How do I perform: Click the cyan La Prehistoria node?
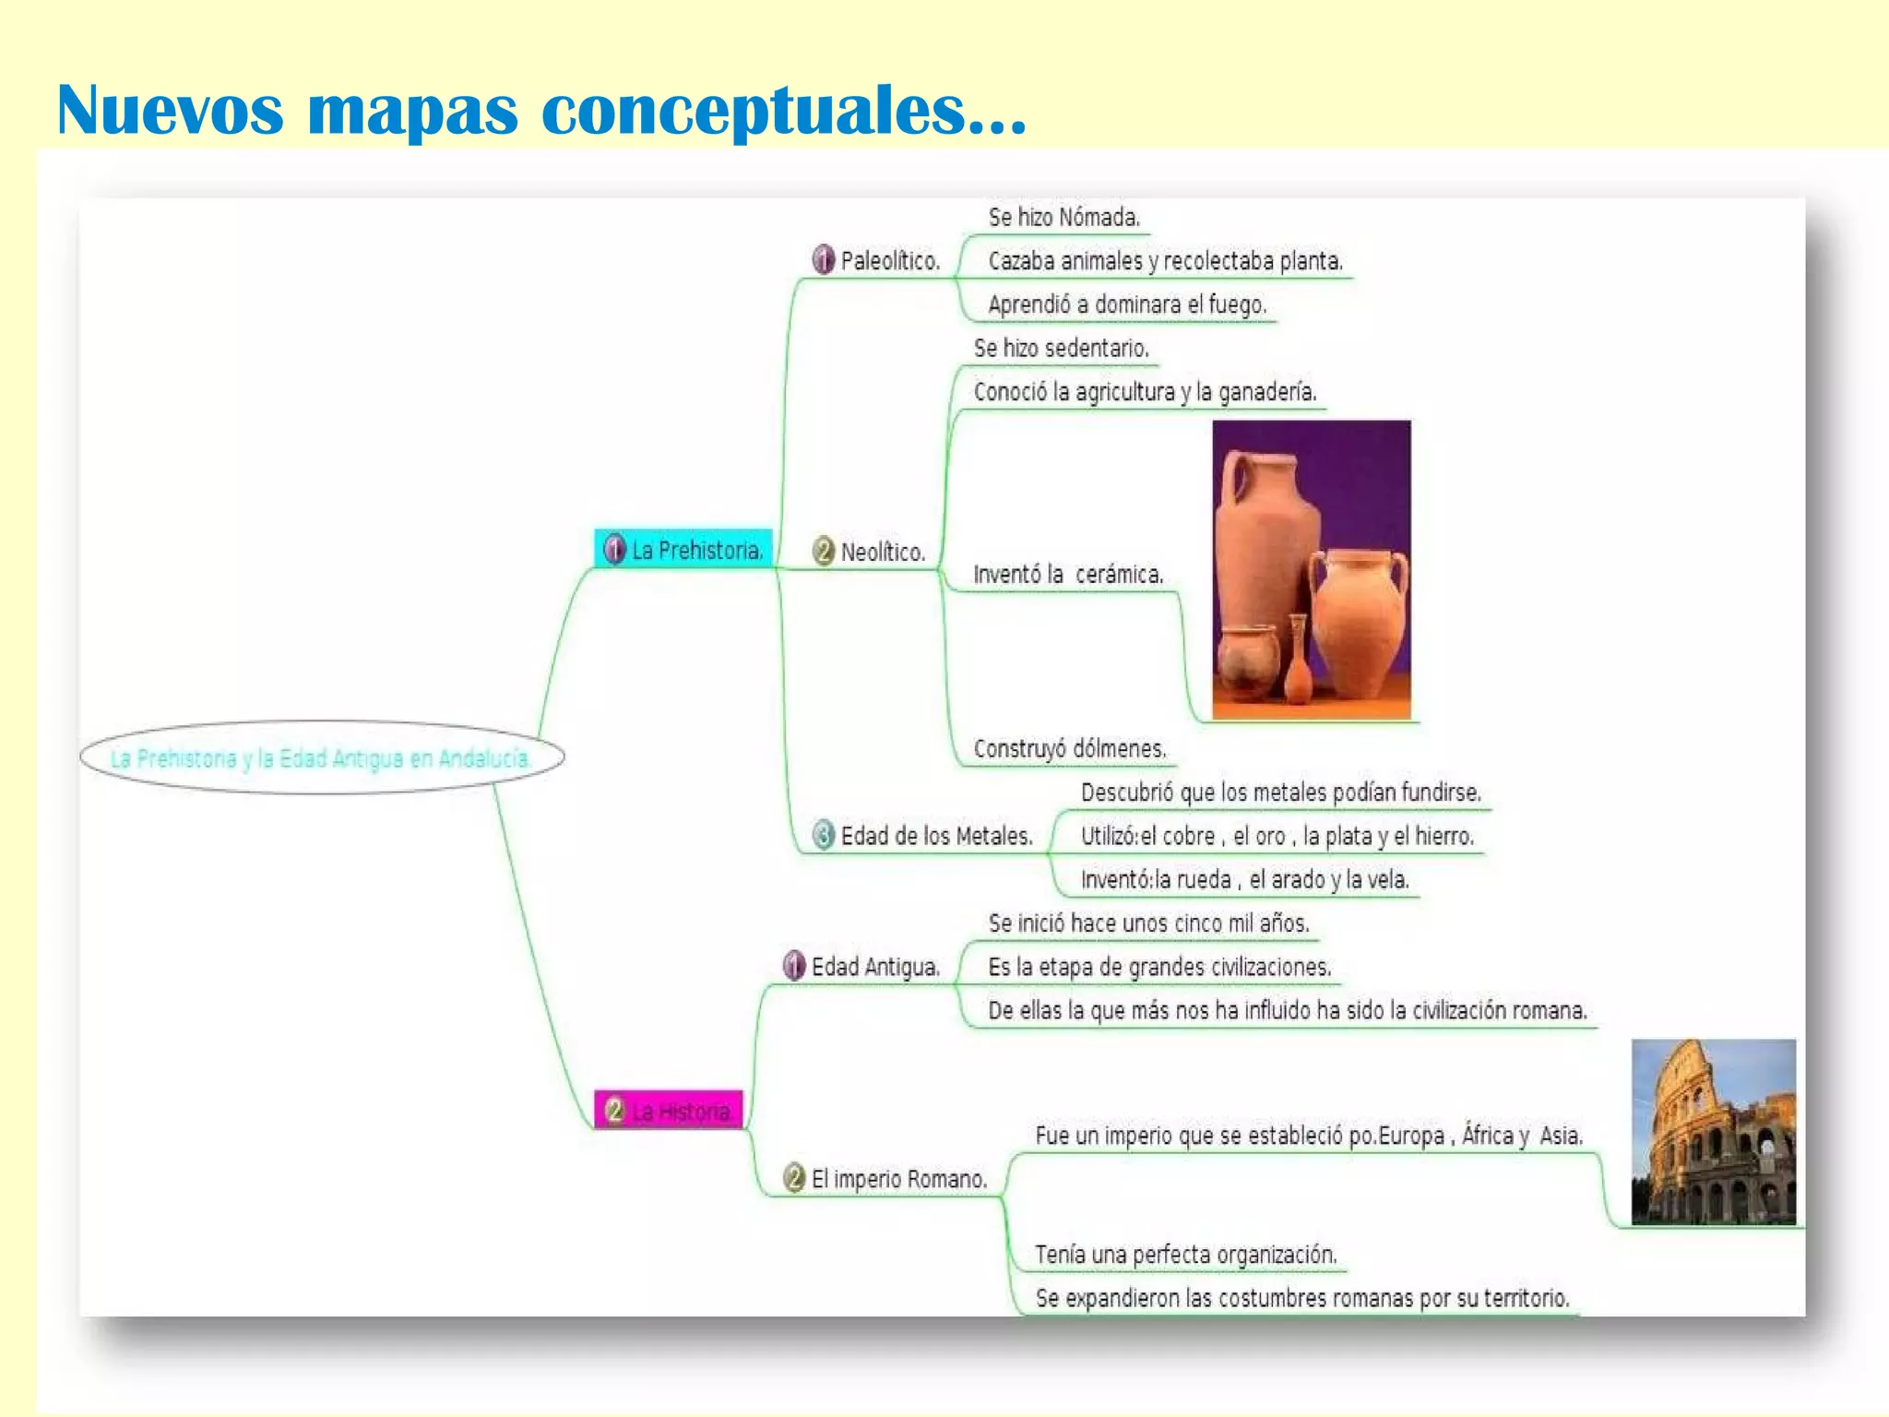(x=683, y=550)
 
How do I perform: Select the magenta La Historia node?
(x=669, y=1111)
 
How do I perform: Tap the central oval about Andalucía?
(x=321, y=758)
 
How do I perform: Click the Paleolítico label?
(x=889, y=261)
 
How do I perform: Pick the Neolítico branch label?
(x=882, y=553)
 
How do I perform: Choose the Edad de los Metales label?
(x=936, y=836)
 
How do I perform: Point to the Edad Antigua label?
(x=874, y=967)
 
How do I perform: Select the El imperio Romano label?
(x=898, y=1179)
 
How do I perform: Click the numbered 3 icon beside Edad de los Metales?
(x=823, y=835)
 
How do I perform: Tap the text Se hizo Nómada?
(x=1063, y=218)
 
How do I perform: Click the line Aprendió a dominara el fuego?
(x=1126, y=304)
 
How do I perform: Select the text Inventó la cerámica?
(x=1068, y=575)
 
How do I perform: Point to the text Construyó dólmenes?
(x=1070, y=748)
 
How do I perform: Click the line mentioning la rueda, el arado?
(x=1243, y=879)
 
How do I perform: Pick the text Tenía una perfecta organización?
(x=1185, y=1255)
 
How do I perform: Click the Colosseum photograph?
(x=1713, y=1132)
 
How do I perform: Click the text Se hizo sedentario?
(x=1061, y=349)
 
